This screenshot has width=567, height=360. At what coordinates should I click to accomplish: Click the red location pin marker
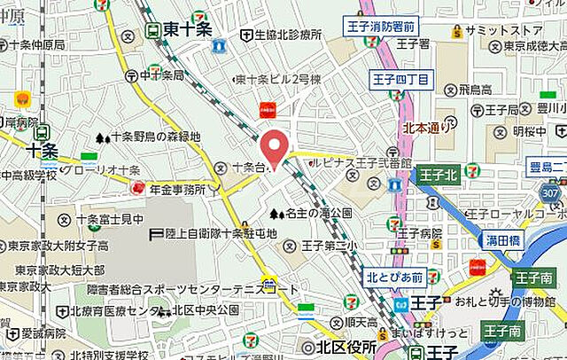(277, 145)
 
